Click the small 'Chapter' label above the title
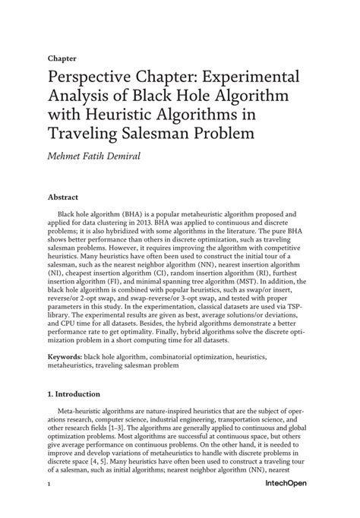(x=62, y=57)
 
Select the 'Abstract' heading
(x=65, y=195)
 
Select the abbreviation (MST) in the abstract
(x=244, y=287)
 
